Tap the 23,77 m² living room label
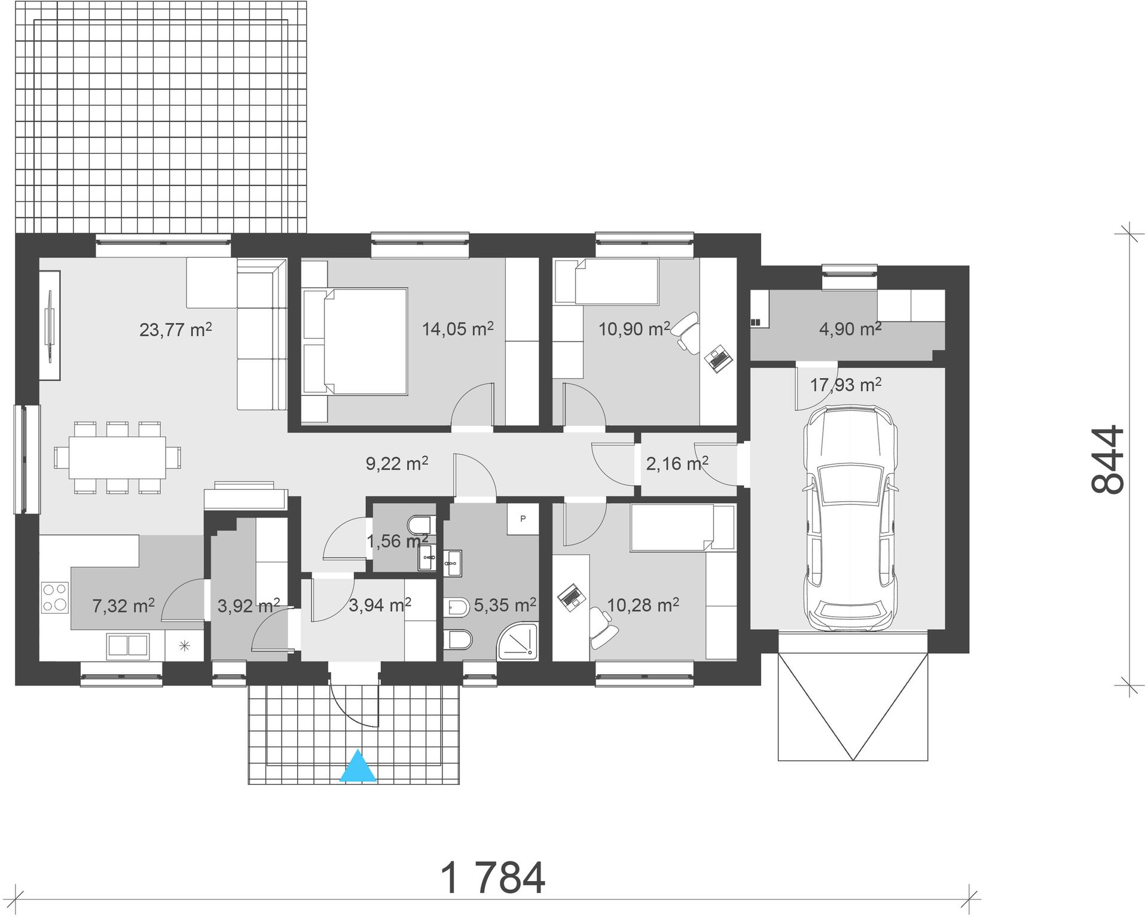(x=176, y=329)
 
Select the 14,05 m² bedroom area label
(x=458, y=328)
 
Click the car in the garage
(x=850, y=518)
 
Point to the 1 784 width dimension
(x=493, y=878)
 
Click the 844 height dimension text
(x=1108, y=459)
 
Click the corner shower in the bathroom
(x=518, y=642)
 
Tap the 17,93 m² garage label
(x=845, y=385)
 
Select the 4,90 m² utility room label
(x=850, y=328)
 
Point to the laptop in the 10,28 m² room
(x=571, y=596)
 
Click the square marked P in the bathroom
(x=523, y=519)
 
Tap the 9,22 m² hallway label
(x=397, y=463)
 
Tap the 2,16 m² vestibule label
(x=677, y=463)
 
